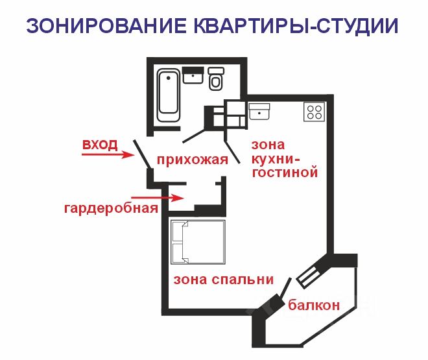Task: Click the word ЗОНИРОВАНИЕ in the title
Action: [106, 27]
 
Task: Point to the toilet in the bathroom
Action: [217, 78]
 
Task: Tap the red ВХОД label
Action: [99, 145]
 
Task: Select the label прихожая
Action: [192, 160]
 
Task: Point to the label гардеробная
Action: [111, 208]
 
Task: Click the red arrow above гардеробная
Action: [148, 197]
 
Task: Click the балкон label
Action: [315, 306]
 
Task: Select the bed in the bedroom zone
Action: [196, 241]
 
